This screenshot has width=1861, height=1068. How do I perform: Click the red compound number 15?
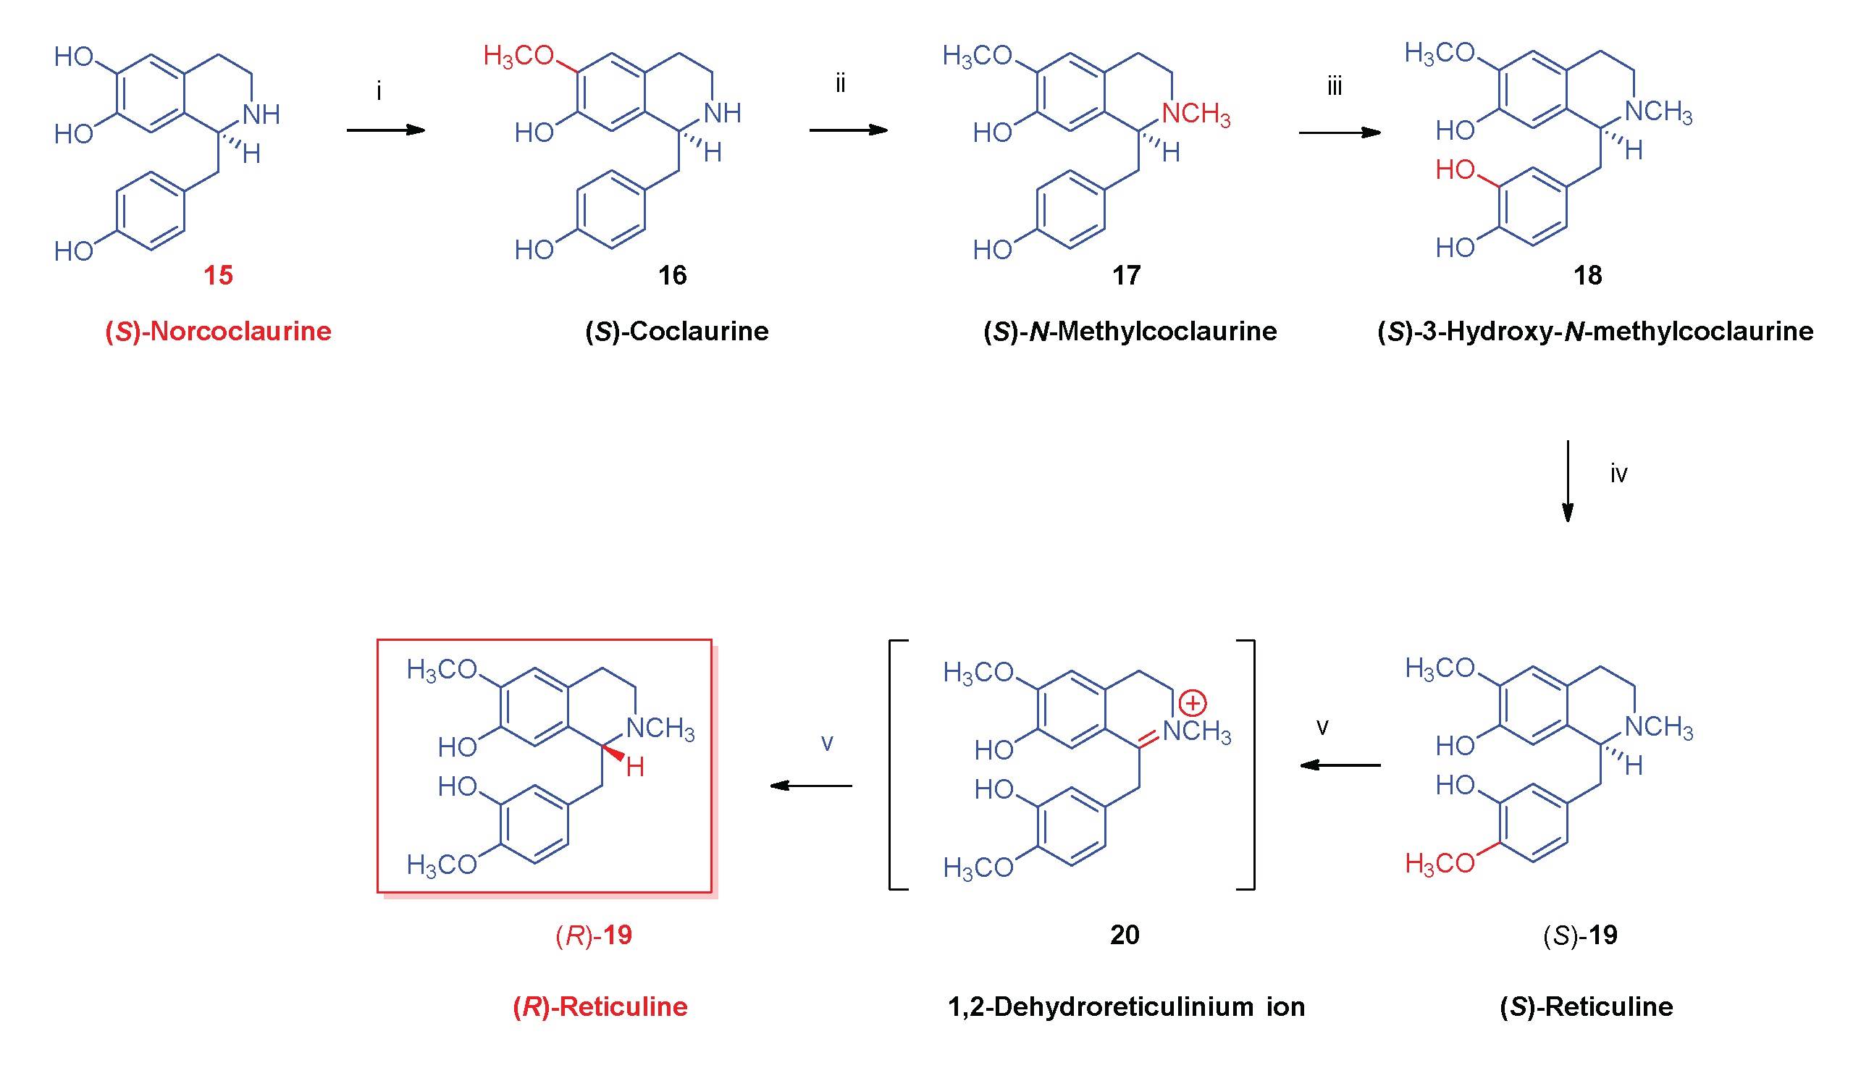click(218, 276)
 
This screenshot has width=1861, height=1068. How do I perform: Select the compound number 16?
click(672, 276)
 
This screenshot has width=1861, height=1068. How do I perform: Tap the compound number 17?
click(1126, 276)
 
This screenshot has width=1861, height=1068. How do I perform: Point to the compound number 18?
click(1587, 276)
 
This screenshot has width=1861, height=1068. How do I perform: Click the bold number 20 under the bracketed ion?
click(1125, 935)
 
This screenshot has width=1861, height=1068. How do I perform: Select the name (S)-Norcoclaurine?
click(218, 332)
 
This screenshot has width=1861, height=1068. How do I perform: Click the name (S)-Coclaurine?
click(676, 332)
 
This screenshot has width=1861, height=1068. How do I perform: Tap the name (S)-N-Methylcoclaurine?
click(1130, 332)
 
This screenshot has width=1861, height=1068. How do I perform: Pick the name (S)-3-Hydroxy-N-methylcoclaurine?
click(1595, 332)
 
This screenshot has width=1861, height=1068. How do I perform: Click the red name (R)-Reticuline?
click(600, 1007)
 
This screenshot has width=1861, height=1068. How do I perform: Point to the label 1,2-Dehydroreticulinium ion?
click(1126, 1007)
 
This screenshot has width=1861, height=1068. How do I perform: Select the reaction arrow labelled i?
click(386, 130)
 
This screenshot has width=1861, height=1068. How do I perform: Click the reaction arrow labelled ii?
click(848, 130)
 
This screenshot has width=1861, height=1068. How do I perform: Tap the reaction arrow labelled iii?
click(1340, 133)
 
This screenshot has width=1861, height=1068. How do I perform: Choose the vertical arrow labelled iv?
click(1568, 482)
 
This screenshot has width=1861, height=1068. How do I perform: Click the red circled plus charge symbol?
click(1193, 704)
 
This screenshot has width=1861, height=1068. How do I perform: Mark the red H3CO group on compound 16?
click(518, 56)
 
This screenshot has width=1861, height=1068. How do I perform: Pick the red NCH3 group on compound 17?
click(1196, 114)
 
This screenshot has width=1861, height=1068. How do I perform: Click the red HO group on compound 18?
click(1455, 170)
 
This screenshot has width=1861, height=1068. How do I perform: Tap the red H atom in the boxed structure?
click(635, 768)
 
